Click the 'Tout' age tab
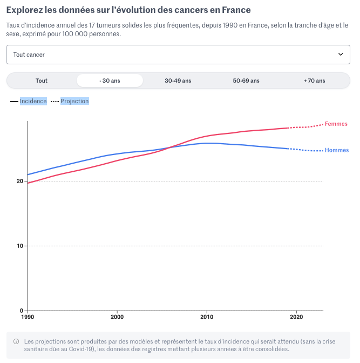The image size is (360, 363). [x=42, y=81]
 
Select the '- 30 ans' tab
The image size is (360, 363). [x=110, y=81]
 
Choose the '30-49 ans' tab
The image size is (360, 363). [x=178, y=81]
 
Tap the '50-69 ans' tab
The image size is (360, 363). [x=246, y=81]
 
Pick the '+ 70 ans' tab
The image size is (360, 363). [x=314, y=81]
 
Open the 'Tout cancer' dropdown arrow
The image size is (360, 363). [x=340, y=55]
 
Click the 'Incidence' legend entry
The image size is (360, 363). [x=33, y=101]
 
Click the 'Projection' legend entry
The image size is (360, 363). [x=74, y=101]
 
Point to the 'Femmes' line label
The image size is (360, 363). [x=336, y=124]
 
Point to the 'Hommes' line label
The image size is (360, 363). [x=337, y=150]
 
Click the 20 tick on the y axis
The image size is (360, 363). [x=20, y=181]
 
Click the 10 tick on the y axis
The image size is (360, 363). [x=20, y=246]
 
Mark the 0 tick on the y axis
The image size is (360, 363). [x=22, y=311]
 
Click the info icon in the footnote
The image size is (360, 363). [x=16, y=342]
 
